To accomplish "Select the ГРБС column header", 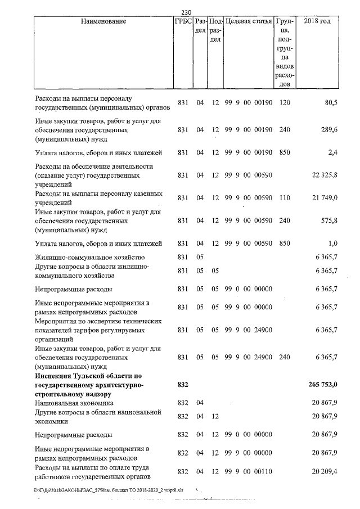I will coord(184,21).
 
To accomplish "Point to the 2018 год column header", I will coord(317,21).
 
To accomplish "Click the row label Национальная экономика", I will coord(74,403).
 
